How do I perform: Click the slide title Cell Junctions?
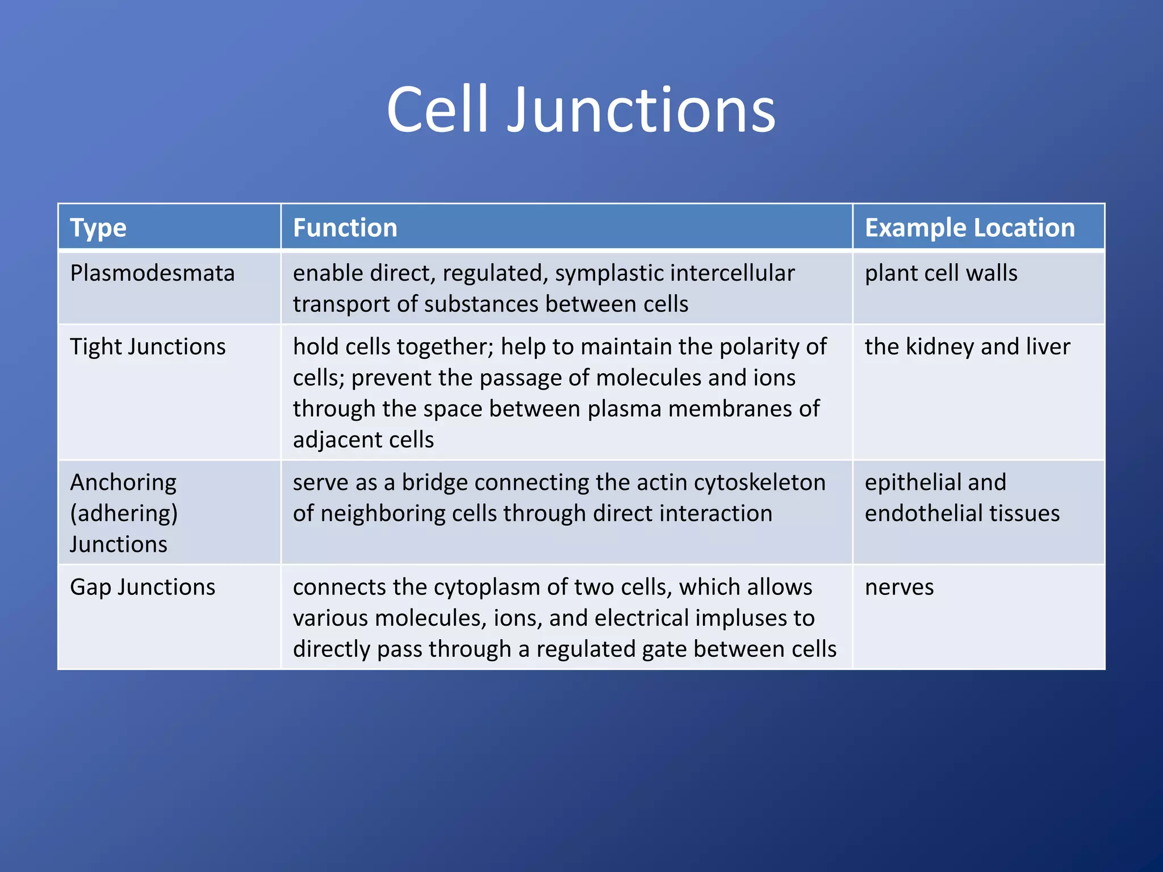click(x=581, y=110)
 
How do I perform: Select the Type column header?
click(x=98, y=228)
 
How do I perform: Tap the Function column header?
click(x=345, y=228)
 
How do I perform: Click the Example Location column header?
click(x=969, y=228)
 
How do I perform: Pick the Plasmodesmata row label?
click(x=152, y=273)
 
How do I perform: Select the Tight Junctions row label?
click(x=148, y=347)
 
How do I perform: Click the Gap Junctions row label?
click(x=143, y=587)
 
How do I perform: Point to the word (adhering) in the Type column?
click(x=124, y=513)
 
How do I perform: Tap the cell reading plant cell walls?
click(x=940, y=273)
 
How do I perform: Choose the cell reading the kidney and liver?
click(x=967, y=347)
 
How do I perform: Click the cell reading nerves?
click(x=899, y=587)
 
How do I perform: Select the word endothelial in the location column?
click(x=914, y=513)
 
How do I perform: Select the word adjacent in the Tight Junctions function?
click(x=333, y=440)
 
